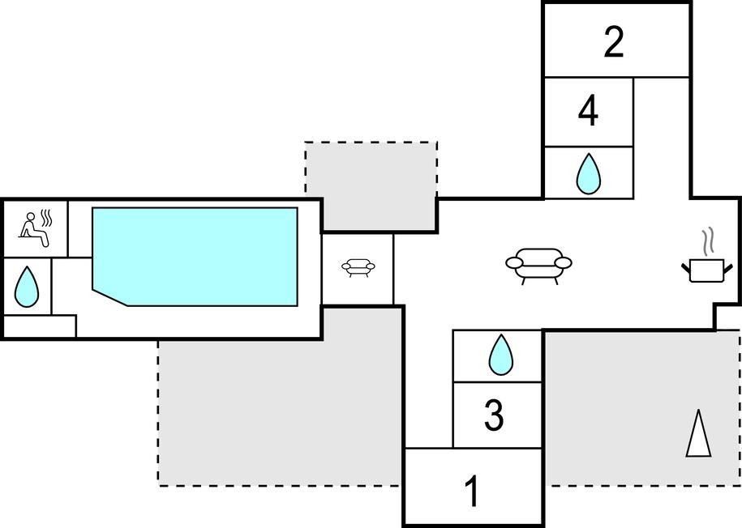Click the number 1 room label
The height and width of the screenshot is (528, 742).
point(471,491)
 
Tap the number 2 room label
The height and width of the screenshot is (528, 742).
point(614,42)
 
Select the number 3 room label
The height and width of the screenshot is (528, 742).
point(494,415)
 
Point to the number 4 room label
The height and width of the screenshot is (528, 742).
point(588,112)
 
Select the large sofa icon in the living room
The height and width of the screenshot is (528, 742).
point(538,265)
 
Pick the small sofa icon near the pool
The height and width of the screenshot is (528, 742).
point(358,266)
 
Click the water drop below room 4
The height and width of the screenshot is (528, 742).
point(588,173)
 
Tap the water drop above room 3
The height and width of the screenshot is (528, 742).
point(500,355)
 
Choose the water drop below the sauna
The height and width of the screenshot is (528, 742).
point(27,286)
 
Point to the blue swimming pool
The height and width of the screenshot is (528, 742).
point(195,255)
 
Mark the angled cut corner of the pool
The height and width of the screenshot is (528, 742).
point(110,296)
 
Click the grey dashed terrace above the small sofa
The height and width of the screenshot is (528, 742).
point(371,182)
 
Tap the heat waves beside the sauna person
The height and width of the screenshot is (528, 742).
point(47,219)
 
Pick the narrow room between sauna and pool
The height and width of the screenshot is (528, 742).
point(79,229)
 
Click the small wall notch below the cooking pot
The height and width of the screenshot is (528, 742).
point(727,317)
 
